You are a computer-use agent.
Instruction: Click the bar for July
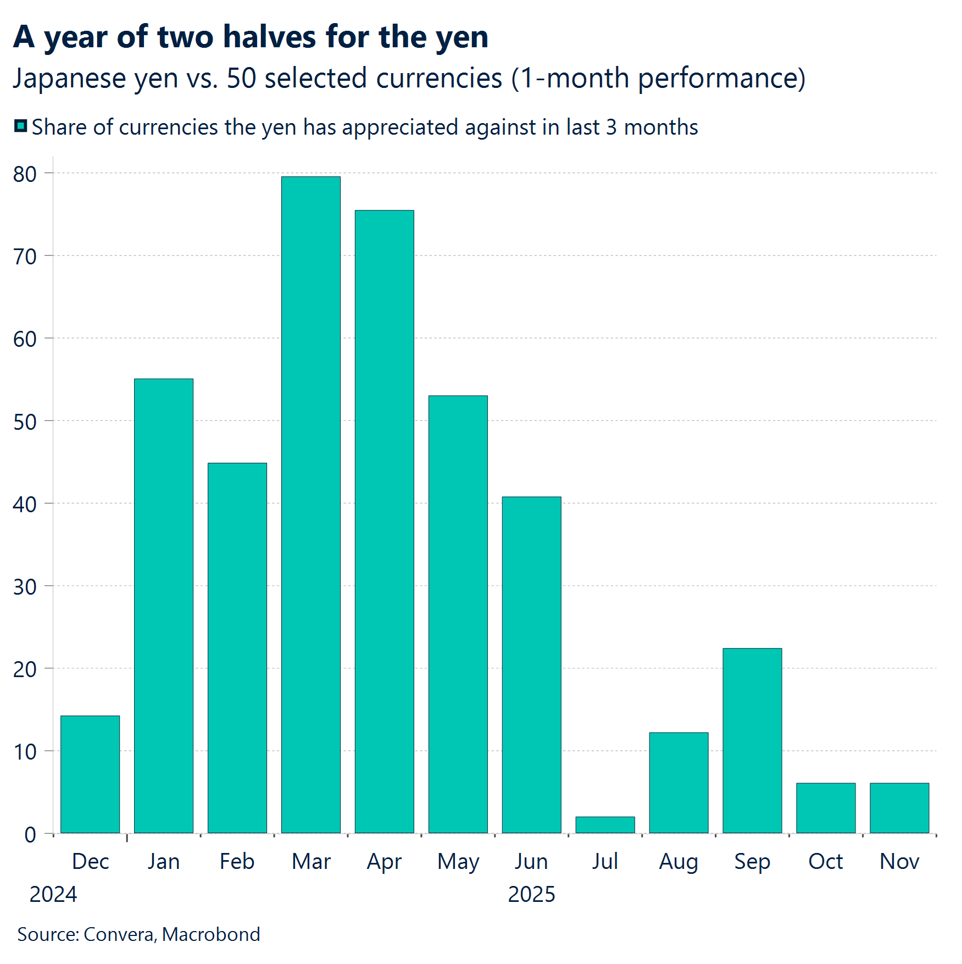pos(605,825)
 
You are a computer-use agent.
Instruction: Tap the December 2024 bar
pos(90,774)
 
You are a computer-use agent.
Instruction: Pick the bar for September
pos(752,740)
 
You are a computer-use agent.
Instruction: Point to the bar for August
pos(679,783)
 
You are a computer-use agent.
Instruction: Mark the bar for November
pos(899,808)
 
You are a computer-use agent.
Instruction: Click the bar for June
pos(531,664)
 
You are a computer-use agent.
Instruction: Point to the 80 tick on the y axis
pos(25,174)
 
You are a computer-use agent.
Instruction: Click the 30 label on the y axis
pos(25,587)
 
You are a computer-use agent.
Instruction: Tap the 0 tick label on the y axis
pos(30,835)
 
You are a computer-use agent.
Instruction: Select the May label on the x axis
pos(458,862)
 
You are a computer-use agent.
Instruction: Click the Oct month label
pos(825,861)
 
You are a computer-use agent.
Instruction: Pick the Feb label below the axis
pos(237,861)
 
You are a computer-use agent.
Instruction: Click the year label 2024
pos(53,894)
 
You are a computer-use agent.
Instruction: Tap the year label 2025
pos(531,894)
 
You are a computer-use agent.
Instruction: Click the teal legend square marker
pos(20,126)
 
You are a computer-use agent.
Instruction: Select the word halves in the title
pos(269,37)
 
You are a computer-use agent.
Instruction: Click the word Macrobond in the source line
pos(211,934)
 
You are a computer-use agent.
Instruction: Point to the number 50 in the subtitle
pos(241,78)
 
